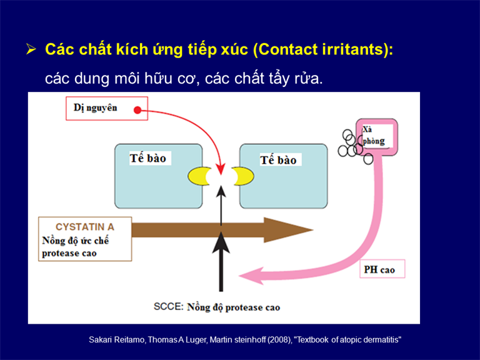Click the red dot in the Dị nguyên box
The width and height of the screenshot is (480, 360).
(x=137, y=110)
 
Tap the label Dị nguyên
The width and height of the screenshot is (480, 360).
(x=95, y=108)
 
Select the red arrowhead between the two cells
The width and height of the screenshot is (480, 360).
(x=221, y=169)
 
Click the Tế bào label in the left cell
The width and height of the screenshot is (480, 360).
(x=148, y=158)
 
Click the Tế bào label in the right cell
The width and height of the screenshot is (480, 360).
(x=278, y=160)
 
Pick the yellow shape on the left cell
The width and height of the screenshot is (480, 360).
(x=198, y=176)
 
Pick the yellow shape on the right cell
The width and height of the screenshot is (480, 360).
(x=244, y=176)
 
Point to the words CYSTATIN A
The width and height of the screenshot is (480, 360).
(x=85, y=227)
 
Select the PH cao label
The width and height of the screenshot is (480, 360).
(x=379, y=270)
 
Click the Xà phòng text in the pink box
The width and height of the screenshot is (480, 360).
(x=373, y=135)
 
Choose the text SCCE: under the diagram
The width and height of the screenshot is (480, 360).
(x=168, y=306)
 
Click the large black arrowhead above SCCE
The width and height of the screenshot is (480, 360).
(x=221, y=242)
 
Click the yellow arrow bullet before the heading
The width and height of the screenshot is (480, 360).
(x=31, y=49)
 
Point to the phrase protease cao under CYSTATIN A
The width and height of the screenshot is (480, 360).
(x=69, y=254)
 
